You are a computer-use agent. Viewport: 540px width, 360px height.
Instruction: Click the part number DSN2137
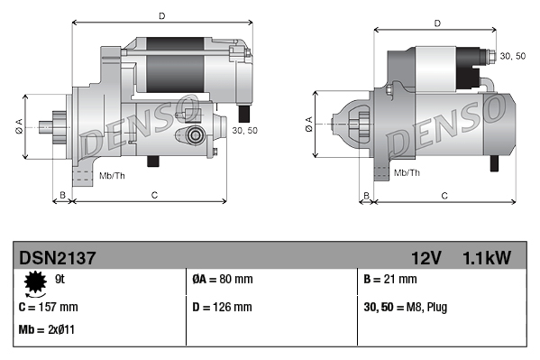pyautogui.click(x=57, y=258)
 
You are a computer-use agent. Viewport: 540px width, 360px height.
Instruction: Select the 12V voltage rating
pyautogui.click(x=424, y=258)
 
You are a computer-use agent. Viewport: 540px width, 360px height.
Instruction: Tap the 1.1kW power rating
pyautogui.click(x=486, y=258)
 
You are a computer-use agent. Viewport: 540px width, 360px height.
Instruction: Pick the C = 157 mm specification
pyautogui.click(x=48, y=307)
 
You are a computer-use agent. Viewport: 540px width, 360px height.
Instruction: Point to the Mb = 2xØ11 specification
pyautogui.click(x=46, y=329)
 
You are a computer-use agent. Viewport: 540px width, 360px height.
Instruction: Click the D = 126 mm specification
pyautogui.click(x=223, y=307)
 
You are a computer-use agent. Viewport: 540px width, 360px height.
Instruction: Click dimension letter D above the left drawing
pyautogui.click(x=161, y=16)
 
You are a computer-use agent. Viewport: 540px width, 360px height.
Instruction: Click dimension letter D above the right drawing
pyautogui.click(x=436, y=23)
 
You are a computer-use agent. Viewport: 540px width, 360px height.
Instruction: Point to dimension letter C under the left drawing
pyautogui.click(x=154, y=195)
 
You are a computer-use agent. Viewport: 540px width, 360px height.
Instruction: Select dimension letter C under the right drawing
pyautogui.click(x=444, y=195)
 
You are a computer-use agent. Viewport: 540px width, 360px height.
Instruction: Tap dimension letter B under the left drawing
pyautogui.click(x=62, y=195)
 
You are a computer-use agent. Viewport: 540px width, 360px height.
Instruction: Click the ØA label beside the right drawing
pyautogui.click(x=309, y=123)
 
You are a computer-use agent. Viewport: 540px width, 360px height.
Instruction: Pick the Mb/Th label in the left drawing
pyautogui.click(x=113, y=173)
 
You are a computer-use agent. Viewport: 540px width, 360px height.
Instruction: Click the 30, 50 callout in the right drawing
pyautogui.click(x=512, y=56)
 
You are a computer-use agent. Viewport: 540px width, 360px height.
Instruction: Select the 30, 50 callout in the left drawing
pyautogui.click(x=244, y=131)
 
